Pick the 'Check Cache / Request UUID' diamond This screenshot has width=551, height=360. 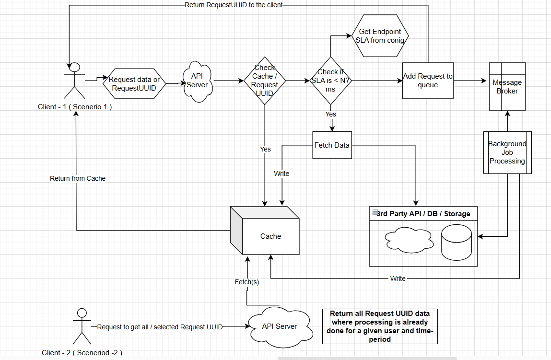265,81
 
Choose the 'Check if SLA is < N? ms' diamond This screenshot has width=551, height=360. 330,81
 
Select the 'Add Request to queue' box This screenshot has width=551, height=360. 428,81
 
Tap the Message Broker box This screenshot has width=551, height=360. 507,87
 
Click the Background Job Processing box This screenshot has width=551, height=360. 507,152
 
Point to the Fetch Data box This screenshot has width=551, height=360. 332,145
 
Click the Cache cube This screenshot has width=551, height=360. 270,236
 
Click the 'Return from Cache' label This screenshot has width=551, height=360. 78,178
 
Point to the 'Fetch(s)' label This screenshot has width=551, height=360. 246,282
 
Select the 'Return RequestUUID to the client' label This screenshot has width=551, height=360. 234,5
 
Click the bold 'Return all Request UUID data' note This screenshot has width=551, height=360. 380,326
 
